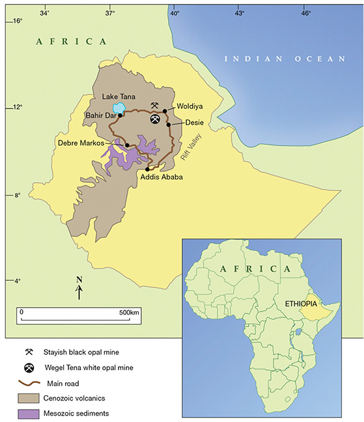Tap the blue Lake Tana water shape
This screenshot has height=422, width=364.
tap(119, 108)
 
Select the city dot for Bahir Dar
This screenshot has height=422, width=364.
tap(120, 115)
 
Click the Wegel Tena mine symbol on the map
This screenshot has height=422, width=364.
tap(155, 119)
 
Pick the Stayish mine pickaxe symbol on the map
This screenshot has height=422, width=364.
tap(154, 105)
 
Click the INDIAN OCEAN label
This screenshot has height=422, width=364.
tap(285, 59)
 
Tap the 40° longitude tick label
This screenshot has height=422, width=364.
tap(174, 12)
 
